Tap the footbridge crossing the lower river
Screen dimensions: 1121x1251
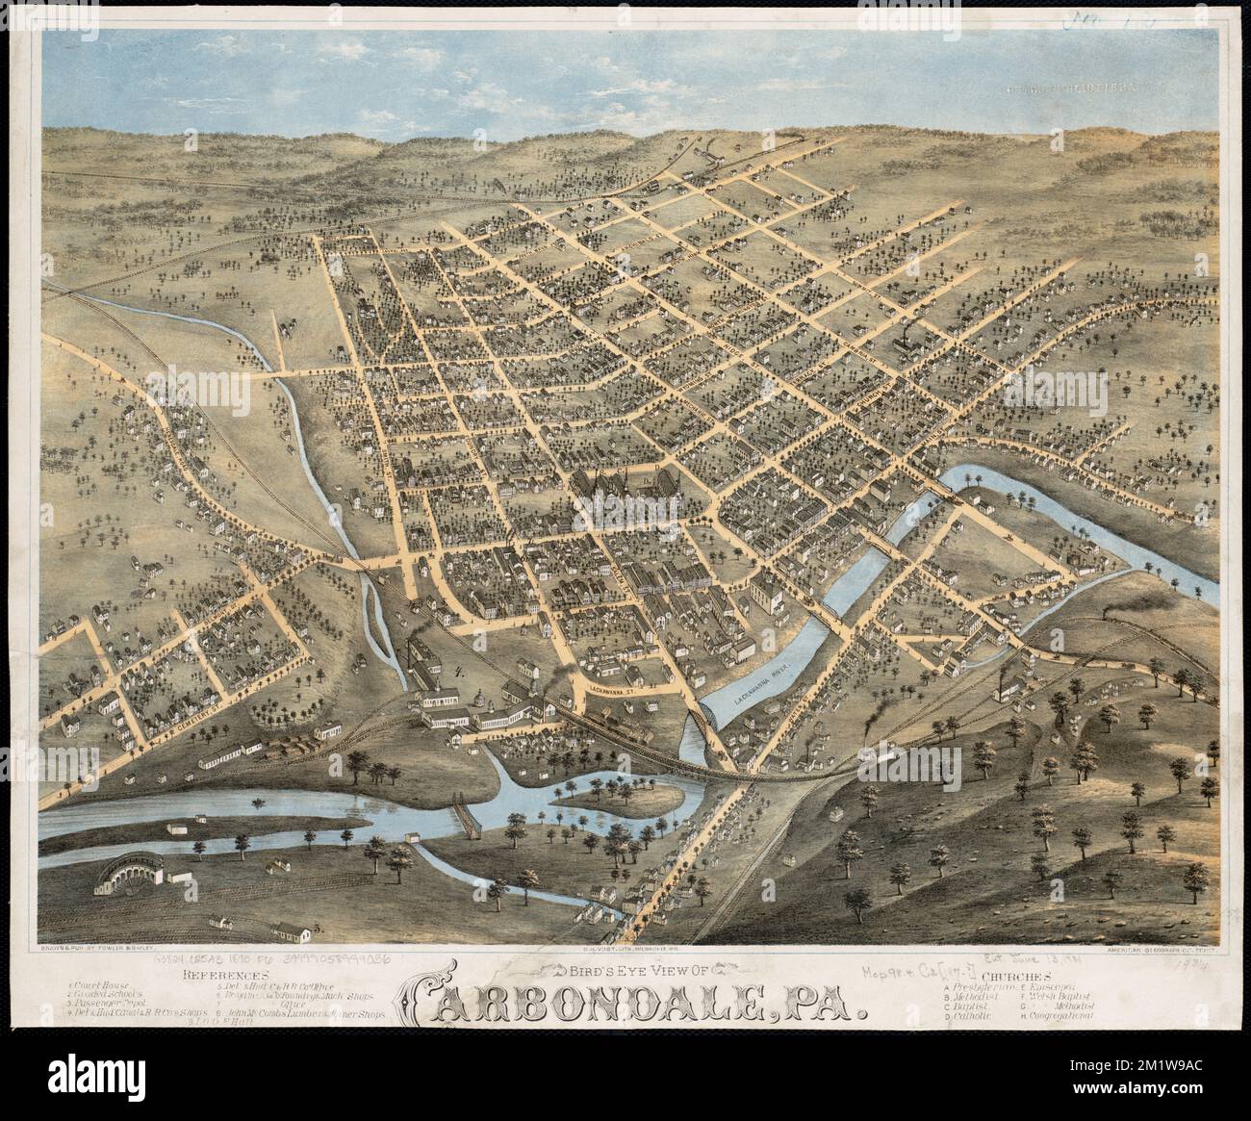[469, 819]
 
